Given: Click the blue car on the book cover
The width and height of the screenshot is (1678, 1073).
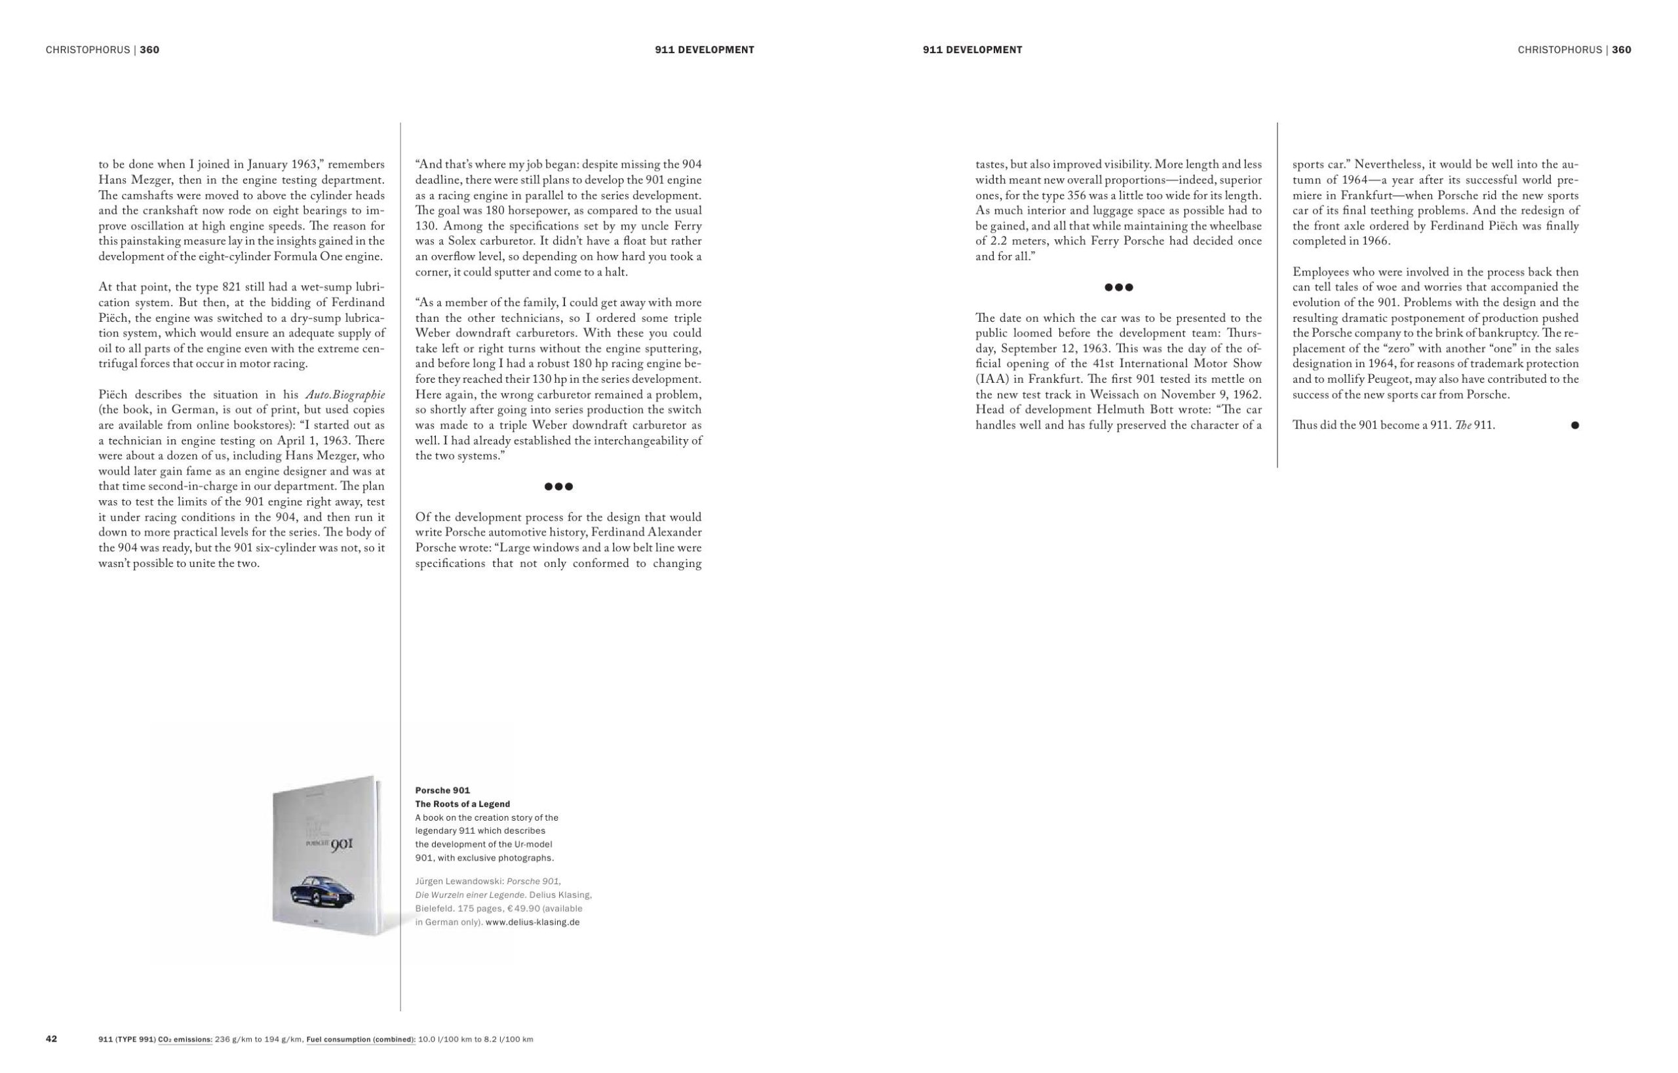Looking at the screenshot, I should (x=322, y=889).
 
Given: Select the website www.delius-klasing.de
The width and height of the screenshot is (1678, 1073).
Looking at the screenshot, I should (x=532, y=922).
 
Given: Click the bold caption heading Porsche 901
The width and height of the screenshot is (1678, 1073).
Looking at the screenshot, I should (x=442, y=790).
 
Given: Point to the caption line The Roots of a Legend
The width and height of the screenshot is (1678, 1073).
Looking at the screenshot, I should (x=463, y=804).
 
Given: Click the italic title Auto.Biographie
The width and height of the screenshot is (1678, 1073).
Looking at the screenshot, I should (x=345, y=395).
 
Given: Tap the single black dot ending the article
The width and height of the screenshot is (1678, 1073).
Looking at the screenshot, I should (x=1574, y=425).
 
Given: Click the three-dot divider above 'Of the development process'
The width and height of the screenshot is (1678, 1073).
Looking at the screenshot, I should (x=558, y=486).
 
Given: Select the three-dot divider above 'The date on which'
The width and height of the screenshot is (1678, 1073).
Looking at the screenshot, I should (x=1118, y=287).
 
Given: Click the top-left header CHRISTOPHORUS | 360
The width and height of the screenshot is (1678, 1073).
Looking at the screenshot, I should (x=102, y=50).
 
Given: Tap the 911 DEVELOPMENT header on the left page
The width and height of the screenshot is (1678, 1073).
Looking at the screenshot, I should (x=705, y=50).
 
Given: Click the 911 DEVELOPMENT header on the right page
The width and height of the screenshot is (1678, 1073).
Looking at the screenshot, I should (x=972, y=50).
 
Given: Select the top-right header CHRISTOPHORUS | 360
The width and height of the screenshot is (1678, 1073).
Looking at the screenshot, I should (x=1574, y=50).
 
